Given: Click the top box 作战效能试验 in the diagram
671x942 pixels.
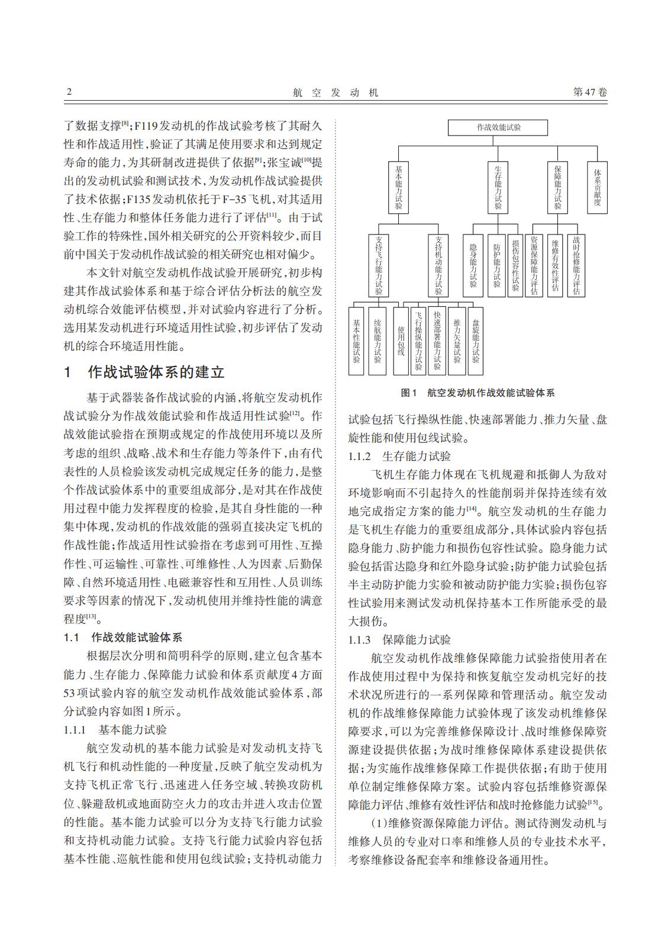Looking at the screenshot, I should click(x=498, y=127).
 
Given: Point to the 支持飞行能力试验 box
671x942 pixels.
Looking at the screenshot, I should click(x=378, y=266).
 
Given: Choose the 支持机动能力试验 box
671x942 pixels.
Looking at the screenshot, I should click(x=438, y=266).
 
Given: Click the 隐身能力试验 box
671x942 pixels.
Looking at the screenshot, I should click(x=473, y=266).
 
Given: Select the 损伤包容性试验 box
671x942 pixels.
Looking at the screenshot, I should click(x=515, y=266).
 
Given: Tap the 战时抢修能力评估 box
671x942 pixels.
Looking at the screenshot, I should click(x=576, y=266).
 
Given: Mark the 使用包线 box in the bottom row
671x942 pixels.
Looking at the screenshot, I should click(x=401, y=340).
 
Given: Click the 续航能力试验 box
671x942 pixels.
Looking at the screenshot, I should click(x=378, y=340).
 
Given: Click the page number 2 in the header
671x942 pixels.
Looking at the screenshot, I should click(x=69, y=92).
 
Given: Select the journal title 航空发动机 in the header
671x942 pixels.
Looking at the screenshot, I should click(x=335, y=92).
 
